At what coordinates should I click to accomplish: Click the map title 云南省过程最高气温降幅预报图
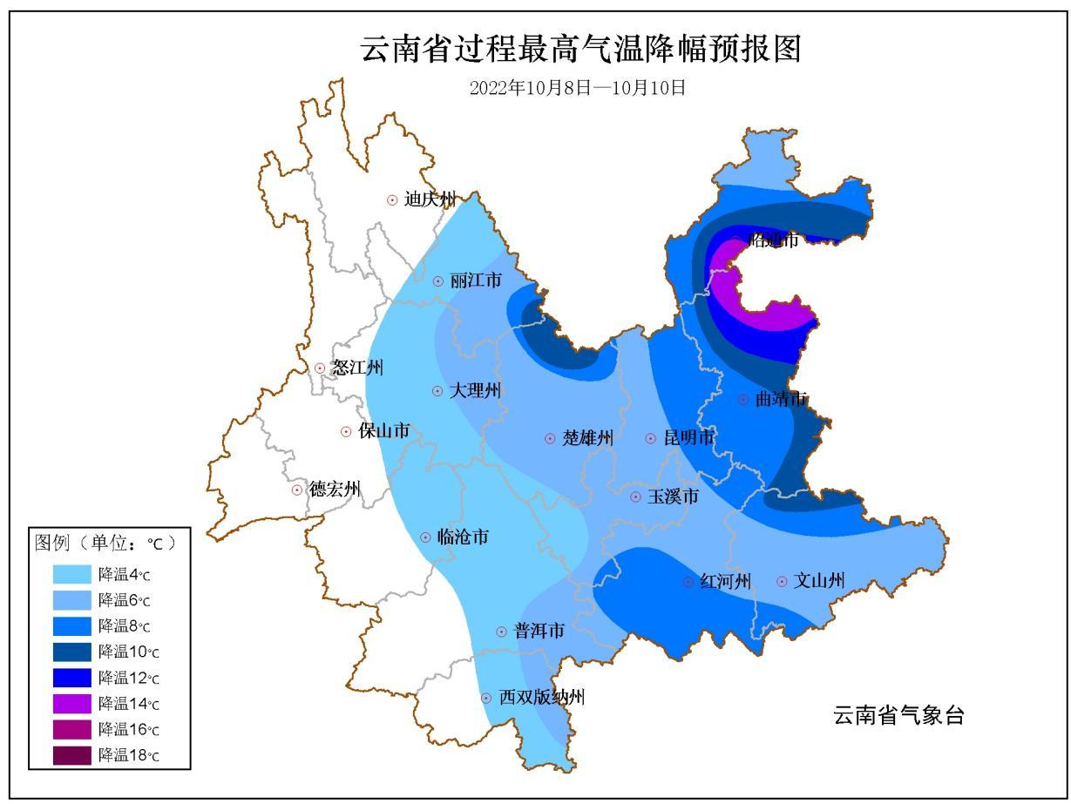pyautogui.click(x=580, y=50)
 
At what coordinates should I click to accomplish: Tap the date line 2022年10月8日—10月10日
pyautogui.click(x=578, y=88)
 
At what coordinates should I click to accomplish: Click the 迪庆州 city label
pyautogui.click(x=430, y=199)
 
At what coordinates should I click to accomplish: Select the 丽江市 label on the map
pyautogui.click(x=476, y=281)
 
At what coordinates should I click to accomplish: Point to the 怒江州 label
pyautogui.click(x=357, y=368)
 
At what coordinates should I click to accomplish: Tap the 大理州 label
pyautogui.click(x=475, y=391)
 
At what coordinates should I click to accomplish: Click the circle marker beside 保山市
pyautogui.click(x=346, y=431)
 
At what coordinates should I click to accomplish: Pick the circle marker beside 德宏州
pyautogui.click(x=297, y=490)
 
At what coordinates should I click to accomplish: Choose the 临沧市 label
pyautogui.click(x=462, y=537)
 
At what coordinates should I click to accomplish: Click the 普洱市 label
pyautogui.click(x=539, y=632)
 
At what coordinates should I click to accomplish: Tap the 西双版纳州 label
pyautogui.click(x=541, y=698)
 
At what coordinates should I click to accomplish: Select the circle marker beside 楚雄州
pyautogui.click(x=550, y=439)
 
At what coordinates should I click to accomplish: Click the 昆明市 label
pyautogui.click(x=688, y=438)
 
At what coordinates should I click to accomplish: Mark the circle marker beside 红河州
pyautogui.click(x=688, y=582)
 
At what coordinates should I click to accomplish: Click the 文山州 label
pyautogui.click(x=819, y=581)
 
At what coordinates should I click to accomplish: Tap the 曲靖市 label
pyautogui.click(x=781, y=400)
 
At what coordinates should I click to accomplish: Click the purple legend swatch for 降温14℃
pyautogui.click(x=72, y=703)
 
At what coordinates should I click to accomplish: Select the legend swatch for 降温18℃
pyautogui.click(x=72, y=754)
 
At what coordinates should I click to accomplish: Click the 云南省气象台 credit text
pyautogui.click(x=898, y=716)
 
